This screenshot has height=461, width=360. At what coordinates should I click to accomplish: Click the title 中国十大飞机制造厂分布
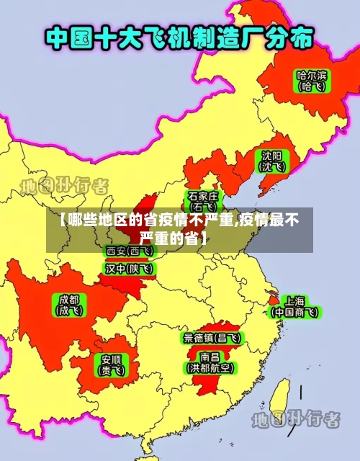coord(180,38)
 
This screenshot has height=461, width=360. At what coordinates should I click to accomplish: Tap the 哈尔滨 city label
coord(312,74)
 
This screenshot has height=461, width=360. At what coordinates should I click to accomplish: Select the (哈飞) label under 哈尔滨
coord(312,86)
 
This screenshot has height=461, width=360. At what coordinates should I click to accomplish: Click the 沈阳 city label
coord(271,155)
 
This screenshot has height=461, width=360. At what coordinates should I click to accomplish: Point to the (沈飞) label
coord(271,167)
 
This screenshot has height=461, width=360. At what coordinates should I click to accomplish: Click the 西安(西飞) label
coord(130,251)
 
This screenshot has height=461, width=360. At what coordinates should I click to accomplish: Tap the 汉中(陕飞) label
coord(130,269)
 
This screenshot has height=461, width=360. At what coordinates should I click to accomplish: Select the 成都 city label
coord(70,299)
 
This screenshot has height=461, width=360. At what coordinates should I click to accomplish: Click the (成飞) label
coord(70,311)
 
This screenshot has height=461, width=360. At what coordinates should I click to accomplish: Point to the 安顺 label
coord(111,359)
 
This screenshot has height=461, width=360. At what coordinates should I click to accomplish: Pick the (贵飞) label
coord(111,371)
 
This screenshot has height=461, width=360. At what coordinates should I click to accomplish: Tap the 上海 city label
coord(294,300)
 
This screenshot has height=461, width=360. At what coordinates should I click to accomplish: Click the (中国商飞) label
coord(294,313)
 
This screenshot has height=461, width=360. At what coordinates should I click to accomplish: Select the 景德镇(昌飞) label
coord(212,337)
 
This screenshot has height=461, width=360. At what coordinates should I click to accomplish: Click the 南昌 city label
coord(210,356)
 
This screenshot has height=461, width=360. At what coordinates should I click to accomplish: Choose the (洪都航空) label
coord(210,368)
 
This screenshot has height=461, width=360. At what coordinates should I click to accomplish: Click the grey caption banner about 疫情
coord(180,229)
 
